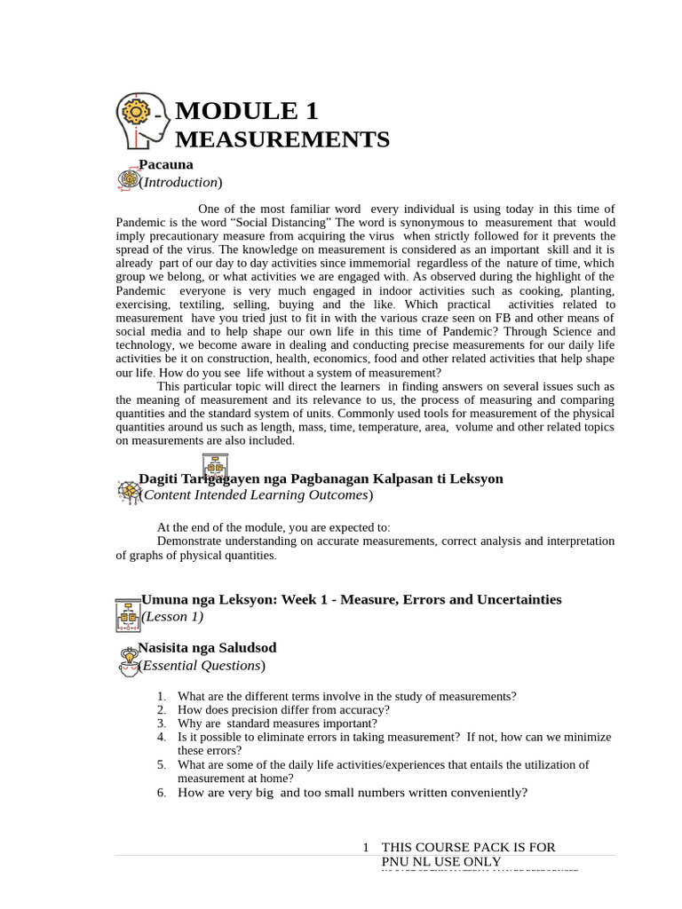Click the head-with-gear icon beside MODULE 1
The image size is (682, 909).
coord(142,120)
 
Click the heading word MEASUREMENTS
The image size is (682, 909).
coord(282,139)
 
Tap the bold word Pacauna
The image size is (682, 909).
coord(166,164)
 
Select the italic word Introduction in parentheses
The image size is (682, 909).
coord(180,182)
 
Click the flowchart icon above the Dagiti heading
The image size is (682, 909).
coord(215,467)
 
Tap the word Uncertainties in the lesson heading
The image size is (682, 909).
coord(517,599)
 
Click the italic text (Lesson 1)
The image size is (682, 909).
coord(172,616)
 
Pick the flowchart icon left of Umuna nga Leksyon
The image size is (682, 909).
coord(128,614)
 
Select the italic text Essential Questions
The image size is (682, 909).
coord(202,666)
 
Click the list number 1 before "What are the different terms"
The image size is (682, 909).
coord(161,697)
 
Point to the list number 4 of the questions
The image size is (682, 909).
coord(161,737)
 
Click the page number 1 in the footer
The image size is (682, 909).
coord(366,848)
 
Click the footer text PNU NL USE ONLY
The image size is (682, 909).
coord(441,861)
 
